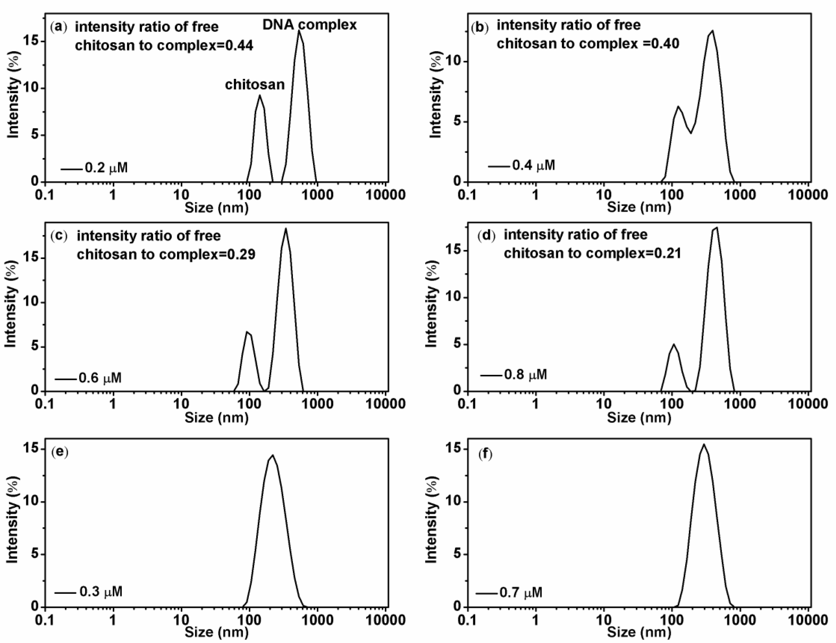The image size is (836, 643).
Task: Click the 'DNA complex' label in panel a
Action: (309, 25)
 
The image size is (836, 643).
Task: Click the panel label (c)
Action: (59, 236)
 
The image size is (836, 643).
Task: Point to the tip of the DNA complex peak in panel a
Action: (299, 31)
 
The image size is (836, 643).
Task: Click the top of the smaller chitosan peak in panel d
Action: (674, 344)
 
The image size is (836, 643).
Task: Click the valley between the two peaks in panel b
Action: (691, 133)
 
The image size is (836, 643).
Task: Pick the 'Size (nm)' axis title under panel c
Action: (217, 417)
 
